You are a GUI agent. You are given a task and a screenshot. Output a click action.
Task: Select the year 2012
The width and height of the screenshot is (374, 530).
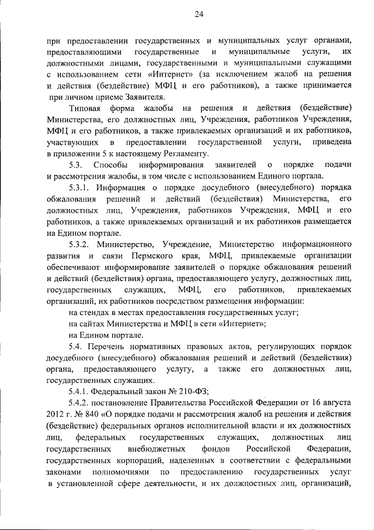55,414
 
